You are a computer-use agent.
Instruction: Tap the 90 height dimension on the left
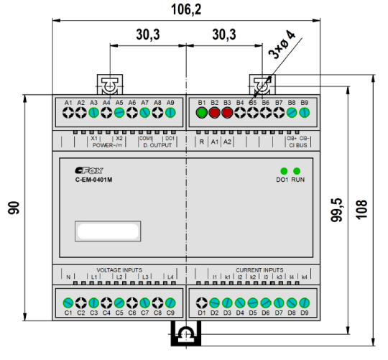14,208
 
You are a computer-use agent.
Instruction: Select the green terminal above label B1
202,113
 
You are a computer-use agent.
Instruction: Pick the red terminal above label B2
214,113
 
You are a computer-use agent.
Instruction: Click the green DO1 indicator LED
284,171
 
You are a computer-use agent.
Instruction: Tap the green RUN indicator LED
297,171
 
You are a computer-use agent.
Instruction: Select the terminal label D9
304,313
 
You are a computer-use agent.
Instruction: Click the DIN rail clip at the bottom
186,334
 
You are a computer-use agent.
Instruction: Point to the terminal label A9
170,103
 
